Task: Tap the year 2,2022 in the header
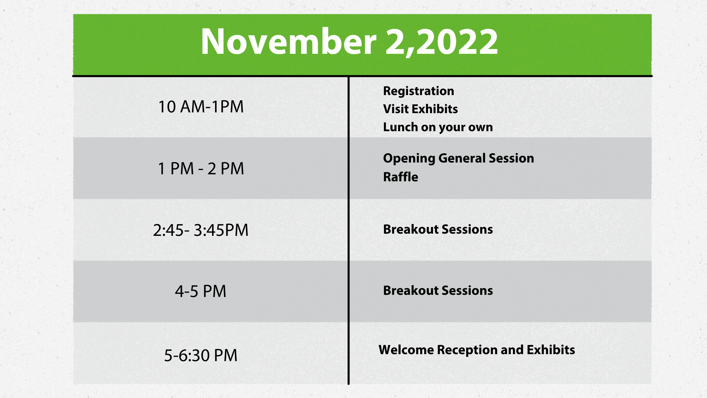click(x=442, y=42)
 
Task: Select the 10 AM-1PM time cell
click(x=201, y=107)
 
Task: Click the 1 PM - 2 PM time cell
click(x=201, y=168)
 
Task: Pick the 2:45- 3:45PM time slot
click(x=201, y=230)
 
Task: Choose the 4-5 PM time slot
click(x=201, y=291)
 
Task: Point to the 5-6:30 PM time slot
click(x=201, y=355)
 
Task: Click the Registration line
click(x=419, y=91)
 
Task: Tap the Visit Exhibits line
click(x=421, y=109)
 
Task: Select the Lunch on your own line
click(x=438, y=127)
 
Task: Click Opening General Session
click(x=458, y=158)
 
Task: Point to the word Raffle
click(x=401, y=177)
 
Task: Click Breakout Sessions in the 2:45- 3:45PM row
click(x=438, y=229)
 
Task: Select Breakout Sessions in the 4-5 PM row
click(x=438, y=290)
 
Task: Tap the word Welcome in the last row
click(x=406, y=350)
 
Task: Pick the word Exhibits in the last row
click(x=551, y=350)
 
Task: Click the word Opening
click(x=409, y=158)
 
